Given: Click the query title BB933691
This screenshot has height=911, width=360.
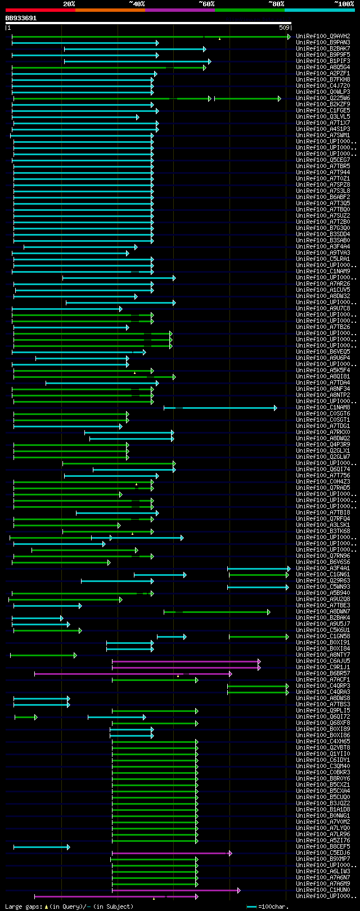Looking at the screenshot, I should (21, 18).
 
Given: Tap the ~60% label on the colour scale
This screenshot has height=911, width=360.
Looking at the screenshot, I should (206, 4).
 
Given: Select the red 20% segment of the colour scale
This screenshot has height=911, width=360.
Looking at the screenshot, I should (40, 10).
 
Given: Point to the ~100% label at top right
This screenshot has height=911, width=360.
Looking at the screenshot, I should (344, 4).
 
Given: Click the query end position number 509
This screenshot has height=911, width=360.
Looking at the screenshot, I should (284, 28).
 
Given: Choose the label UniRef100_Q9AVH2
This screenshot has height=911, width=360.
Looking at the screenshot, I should (323, 37).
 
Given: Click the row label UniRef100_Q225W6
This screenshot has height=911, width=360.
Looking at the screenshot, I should (323, 98).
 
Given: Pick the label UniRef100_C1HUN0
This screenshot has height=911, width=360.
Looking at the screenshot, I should (323, 890).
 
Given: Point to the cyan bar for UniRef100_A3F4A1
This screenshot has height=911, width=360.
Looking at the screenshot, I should (258, 569).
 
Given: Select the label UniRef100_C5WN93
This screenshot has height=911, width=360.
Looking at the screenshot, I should (323, 587).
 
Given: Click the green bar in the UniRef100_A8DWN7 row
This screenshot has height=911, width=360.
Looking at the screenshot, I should (225, 612).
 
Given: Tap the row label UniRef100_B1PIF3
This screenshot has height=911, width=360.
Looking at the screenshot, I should (323, 61).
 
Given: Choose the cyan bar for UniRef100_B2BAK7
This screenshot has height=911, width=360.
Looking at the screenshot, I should (134, 49).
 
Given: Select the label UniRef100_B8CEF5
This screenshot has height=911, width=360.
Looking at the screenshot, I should (323, 847).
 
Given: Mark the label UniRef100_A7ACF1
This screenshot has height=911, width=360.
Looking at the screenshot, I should (323, 680).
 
